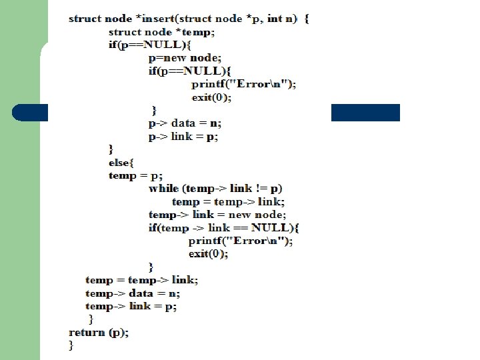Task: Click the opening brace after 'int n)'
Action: pyautogui.click(x=307, y=19)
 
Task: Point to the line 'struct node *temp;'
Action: pyautogui.click(x=162, y=32)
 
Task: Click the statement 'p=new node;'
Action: pyautogui.click(x=185, y=58)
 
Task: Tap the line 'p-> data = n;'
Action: pyautogui.click(x=185, y=123)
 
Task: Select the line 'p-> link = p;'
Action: pyautogui.click(x=183, y=137)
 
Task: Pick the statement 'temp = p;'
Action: pyautogui.click(x=136, y=176)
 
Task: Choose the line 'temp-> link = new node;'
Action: pyautogui.click(x=217, y=215)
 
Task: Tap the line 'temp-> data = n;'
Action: pyautogui.click(x=133, y=293)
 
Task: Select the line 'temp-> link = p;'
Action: pyautogui.click(x=131, y=306)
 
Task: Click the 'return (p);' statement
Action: pyautogui.click(x=99, y=332)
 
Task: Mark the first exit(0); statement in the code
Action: pyautogui.click(x=212, y=97)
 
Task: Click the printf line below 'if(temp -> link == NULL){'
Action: pyautogui.click(x=240, y=241)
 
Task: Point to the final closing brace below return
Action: pyautogui.click(x=72, y=345)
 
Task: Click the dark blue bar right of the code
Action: pyautogui.click(x=365, y=113)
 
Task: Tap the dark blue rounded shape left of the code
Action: pyautogui.click(x=29, y=113)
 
